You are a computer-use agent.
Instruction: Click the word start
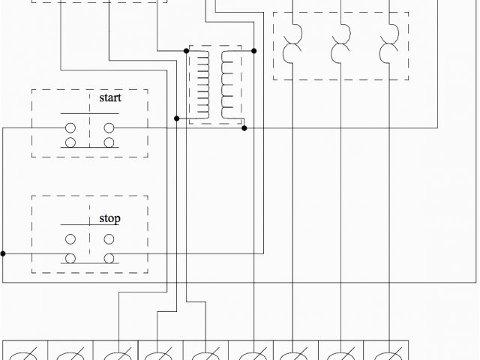tap(110, 97)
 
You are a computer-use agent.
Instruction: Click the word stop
tap(109, 219)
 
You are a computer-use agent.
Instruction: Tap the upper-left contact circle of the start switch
tap(70, 128)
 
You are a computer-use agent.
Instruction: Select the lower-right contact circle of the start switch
tap(109, 142)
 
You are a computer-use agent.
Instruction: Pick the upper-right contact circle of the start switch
tap(109, 128)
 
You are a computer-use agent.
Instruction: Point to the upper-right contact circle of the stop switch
tap(109, 239)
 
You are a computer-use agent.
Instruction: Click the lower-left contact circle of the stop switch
tap(70, 259)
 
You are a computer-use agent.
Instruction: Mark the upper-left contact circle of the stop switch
tap(70, 239)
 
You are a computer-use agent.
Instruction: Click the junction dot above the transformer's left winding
tap(187, 51)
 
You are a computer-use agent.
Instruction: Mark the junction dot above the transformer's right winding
tap(254, 51)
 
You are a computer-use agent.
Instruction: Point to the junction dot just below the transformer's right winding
tap(244, 128)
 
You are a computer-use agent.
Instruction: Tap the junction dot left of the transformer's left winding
tap(176, 118)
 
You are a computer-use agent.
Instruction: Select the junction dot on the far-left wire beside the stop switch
tap(3, 253)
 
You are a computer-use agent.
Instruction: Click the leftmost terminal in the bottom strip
tap(25, 351)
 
